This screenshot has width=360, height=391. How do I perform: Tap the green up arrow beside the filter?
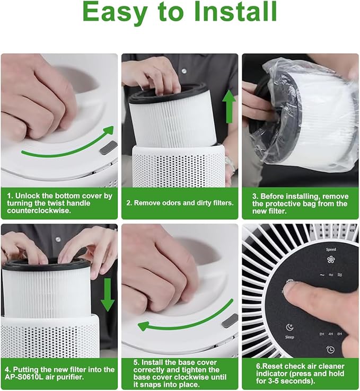pyautogui.click(x=229, y=106)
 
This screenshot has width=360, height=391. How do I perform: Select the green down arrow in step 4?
pyautogui.click(x=108, y=295)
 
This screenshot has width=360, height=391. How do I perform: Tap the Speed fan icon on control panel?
pyautogui.click(x=331, y=260)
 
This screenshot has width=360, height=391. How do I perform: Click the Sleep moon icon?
pyautogui.click(x=289, y=327)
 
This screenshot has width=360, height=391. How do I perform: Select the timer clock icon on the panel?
pyautogui.click(x=330, y=350)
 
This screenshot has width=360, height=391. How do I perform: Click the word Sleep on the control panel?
pyautogui.click(x=289, y=337)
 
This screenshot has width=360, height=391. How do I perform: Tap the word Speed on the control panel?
pyautogui.click(x=331, y=250)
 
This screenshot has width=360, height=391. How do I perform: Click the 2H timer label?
pyautogui.click(x=322, y=334)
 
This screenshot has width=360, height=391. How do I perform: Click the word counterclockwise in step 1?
pyautogui.click(x=39, y=210)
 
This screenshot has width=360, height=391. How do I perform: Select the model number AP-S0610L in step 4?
pyautogui.click(x=24, y=377)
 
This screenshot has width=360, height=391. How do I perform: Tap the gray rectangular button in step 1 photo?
pyautogui.click(x=109, y=148)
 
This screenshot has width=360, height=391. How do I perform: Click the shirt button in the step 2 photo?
pyautogui.click(x=184, y=71)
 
